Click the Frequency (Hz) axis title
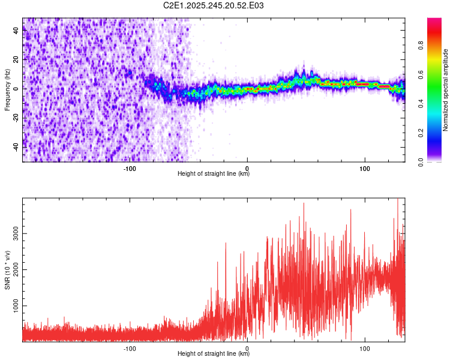pyautogui.click(x=7, y=89)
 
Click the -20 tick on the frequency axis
pyautogui.click(x=16, y=118)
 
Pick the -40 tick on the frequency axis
pyautogui.click(x=16, y=146)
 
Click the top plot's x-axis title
pyautogui.click(x=214, y=174)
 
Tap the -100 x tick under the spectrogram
pyautogui.click(x=130, y=167)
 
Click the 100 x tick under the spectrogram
pyautogui.click(x=364, y=167)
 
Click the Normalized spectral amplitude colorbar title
pyautogui.click(x=445, y=90)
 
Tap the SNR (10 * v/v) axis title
pyautogui.click(x=7, y=270)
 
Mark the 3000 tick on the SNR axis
pyautogui.click(x=14, y=234)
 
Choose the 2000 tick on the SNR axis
pyautogui.click(x=14, y=270)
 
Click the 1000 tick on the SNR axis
pyautogui.click(x=14, y=306)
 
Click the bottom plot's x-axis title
pyautogui.click(x=214, y=354)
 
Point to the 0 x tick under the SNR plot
pyautogui.click(x=247, y=347)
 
